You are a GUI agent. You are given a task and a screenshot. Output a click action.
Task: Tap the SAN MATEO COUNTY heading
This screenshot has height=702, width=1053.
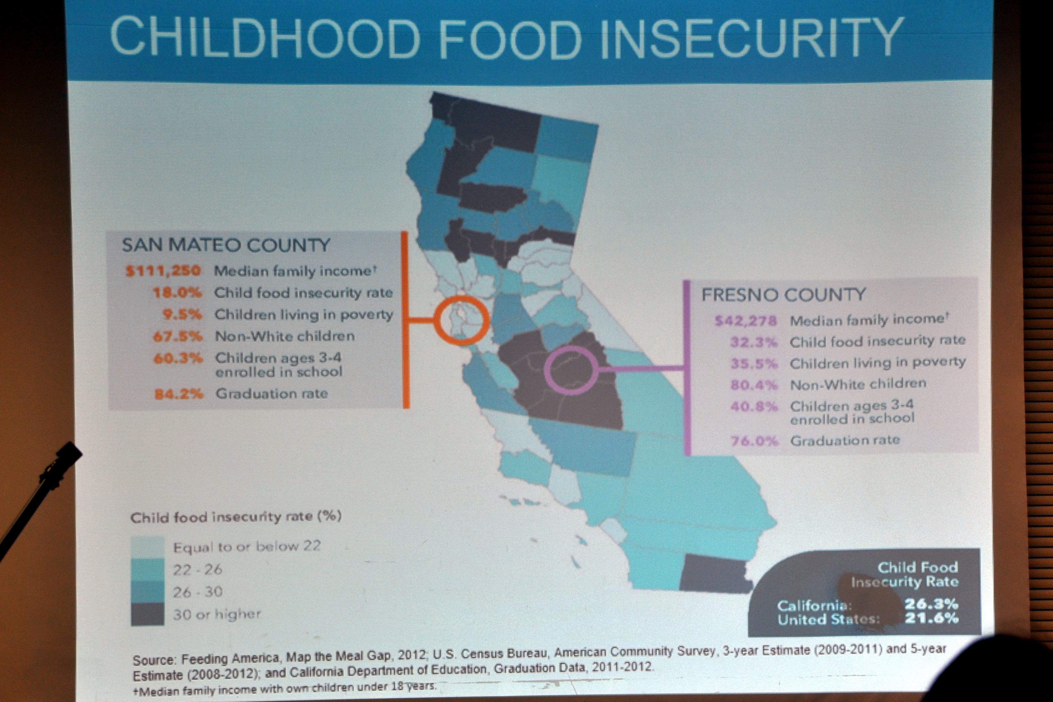(226, 245)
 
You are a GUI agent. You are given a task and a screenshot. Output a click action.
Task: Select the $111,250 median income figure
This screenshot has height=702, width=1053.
(163, 271)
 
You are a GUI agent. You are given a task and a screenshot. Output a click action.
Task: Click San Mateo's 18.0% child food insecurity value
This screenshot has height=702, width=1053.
(177, 293)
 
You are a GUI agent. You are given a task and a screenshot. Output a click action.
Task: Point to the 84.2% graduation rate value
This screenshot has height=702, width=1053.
(178, 394)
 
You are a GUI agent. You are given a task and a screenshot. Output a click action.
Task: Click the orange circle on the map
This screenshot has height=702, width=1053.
(461, 320)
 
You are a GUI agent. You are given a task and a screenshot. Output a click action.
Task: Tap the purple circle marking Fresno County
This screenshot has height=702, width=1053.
(571, 370)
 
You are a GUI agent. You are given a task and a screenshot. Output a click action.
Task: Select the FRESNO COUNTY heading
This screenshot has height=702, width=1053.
(783, 294)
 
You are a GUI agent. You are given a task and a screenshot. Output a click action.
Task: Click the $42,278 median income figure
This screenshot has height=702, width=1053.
(746, 321)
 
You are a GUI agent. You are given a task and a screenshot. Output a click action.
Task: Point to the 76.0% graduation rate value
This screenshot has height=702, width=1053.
(754, 441)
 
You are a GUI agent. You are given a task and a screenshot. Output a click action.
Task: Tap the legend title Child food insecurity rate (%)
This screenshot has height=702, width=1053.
(236, 517)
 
